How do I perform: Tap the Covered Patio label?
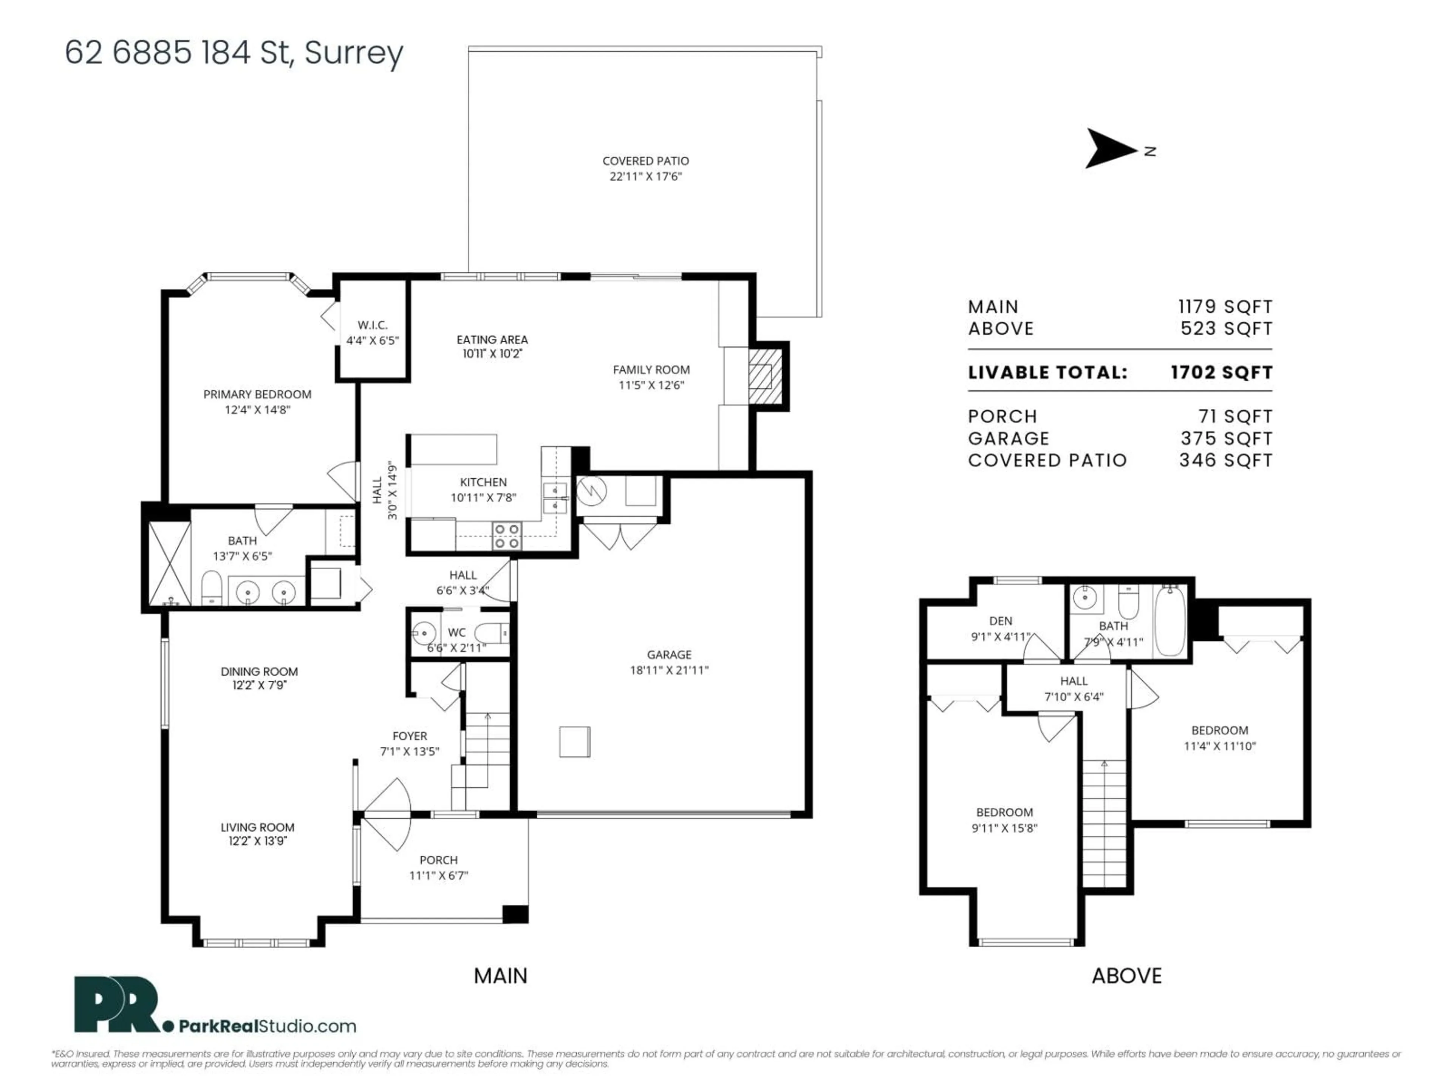[x=645, y=161]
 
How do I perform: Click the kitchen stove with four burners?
[x=506, y=536]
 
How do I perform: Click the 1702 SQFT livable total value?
[x=1221, y=372]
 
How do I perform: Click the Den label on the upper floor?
[x=1000, y=620]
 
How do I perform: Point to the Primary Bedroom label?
[x=257, y=394]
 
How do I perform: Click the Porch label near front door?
[x=438, y=860]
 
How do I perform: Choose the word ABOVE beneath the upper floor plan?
[x=1126, y=976]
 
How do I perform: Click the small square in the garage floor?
[x=575, y=742]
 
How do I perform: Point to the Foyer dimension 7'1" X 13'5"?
[x=409, y=751]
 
